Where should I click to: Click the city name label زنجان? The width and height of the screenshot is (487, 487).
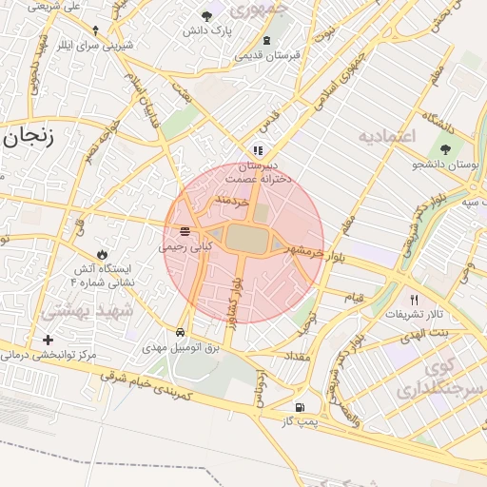[28, 135]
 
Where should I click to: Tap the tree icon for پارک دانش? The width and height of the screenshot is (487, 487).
[207, 15]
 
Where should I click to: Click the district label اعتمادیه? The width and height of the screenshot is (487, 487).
[387, 137]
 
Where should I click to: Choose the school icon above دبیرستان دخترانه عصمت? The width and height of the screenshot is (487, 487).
[257, 150]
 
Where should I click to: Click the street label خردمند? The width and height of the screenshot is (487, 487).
[231, 200]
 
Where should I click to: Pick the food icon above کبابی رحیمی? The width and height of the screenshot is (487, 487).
[184, 231]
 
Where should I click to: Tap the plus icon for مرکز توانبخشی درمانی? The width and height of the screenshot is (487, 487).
[48, 340]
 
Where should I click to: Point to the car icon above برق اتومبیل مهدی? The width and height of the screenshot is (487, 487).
[181, 332]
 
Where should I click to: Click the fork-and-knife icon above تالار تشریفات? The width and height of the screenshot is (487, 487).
[413, 299]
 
